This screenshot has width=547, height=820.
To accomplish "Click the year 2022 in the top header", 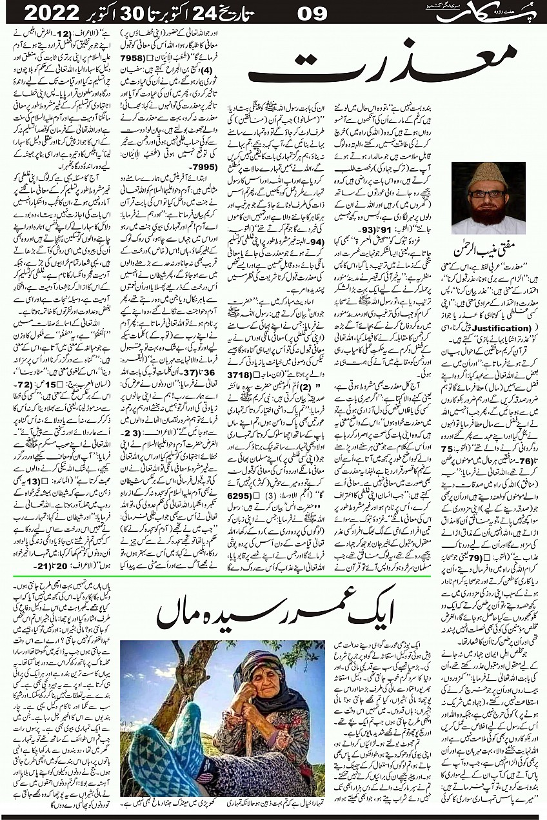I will pos(46,12).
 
